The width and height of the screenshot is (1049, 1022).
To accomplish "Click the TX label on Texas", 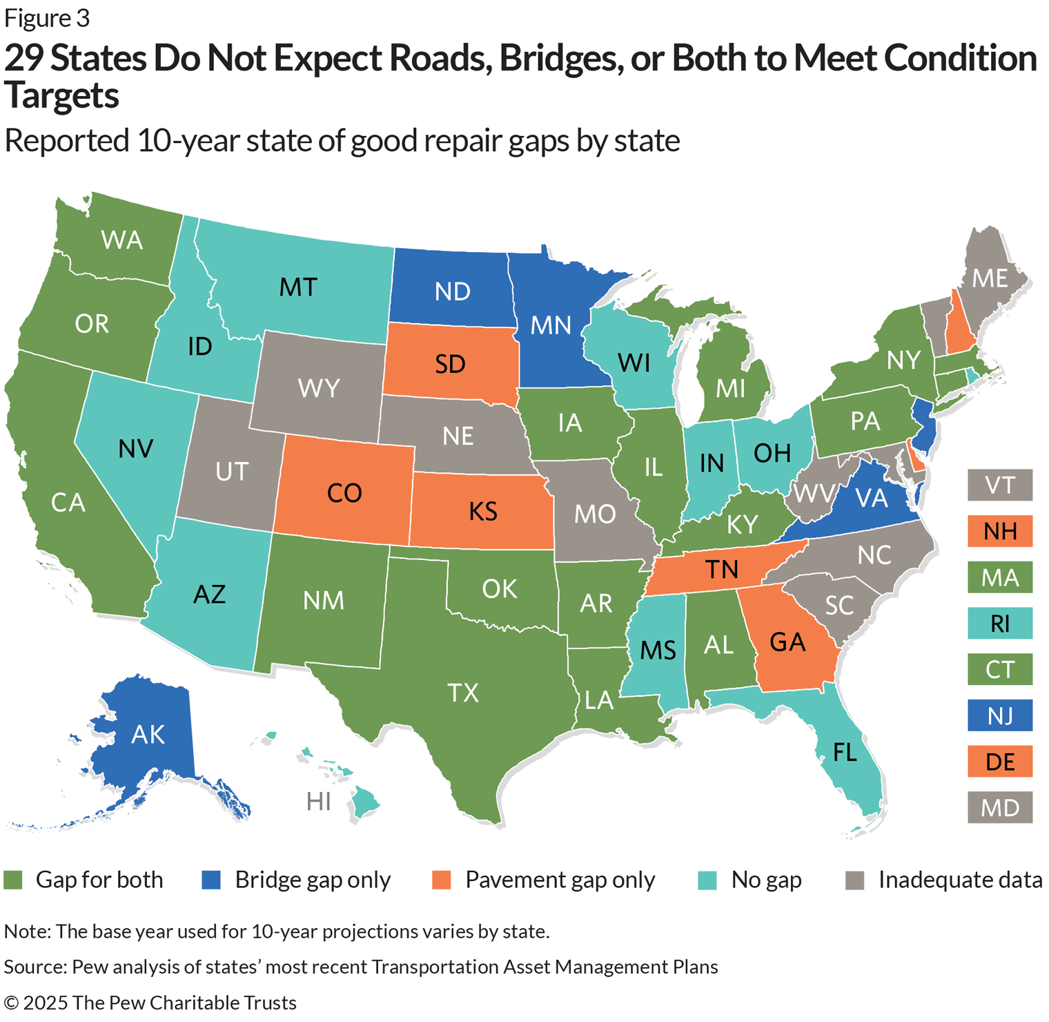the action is click(x=463, y=693).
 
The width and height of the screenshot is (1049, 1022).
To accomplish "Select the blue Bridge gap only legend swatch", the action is click(x=210, y=880).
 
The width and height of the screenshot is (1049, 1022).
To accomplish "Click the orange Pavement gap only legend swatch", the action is click(x=441, y=880).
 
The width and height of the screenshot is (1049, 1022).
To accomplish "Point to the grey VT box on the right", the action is click(x=1000, y=485).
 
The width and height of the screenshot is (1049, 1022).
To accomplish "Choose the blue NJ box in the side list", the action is click(x=1000, y=715).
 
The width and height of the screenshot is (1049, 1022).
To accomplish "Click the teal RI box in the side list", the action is click(x=1000, y=624).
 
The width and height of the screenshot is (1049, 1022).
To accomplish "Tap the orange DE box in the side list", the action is click(x=1000, y=762).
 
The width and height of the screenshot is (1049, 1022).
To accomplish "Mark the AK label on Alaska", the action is click(x=148, y=735).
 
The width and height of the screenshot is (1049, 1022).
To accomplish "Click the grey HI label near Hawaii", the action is click(x=319, y=802).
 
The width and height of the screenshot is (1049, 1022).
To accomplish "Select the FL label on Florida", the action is click(x=845, y=752).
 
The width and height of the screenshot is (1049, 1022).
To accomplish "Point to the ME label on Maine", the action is click(x=990, y=278).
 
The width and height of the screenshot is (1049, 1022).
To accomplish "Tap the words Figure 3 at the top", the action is click(x=47, y=19).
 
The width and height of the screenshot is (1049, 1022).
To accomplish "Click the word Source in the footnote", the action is click(x=35, y=967).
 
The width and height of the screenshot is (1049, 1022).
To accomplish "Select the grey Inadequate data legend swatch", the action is click(x=855, y=880).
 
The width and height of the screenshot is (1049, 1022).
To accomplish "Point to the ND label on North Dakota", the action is click(x=453, y=291).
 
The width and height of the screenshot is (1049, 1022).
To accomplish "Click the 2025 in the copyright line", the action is click(x=46, y=1002).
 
